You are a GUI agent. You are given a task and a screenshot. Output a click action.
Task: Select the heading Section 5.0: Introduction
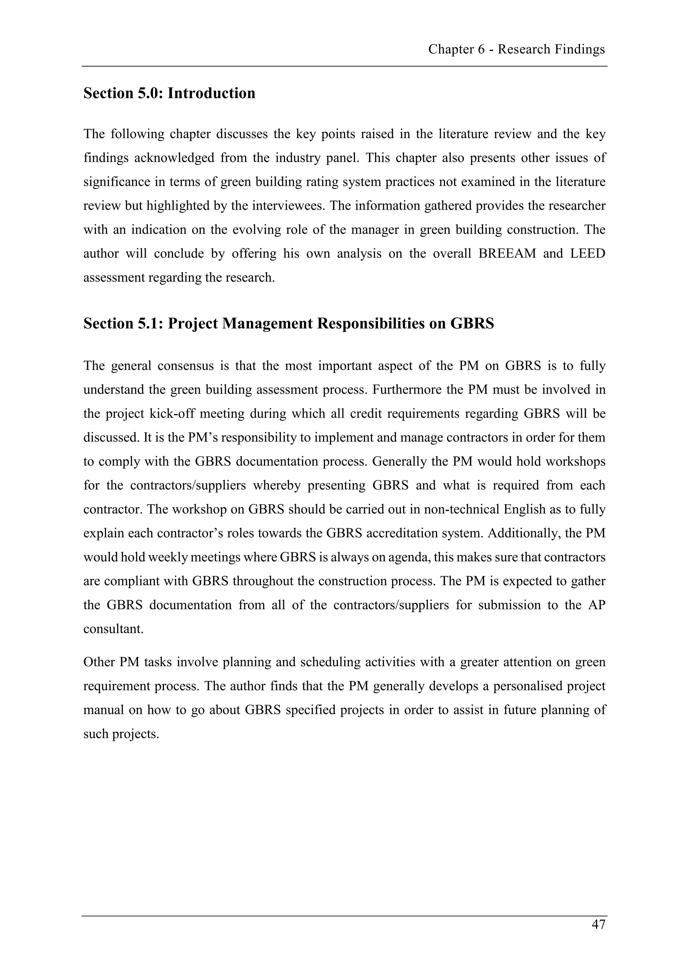click(169, 93)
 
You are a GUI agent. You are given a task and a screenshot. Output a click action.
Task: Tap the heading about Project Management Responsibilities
click(289, 324)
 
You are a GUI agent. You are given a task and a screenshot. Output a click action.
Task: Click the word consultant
click(113, 629)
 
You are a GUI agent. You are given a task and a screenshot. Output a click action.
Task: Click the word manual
click(103, 710)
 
